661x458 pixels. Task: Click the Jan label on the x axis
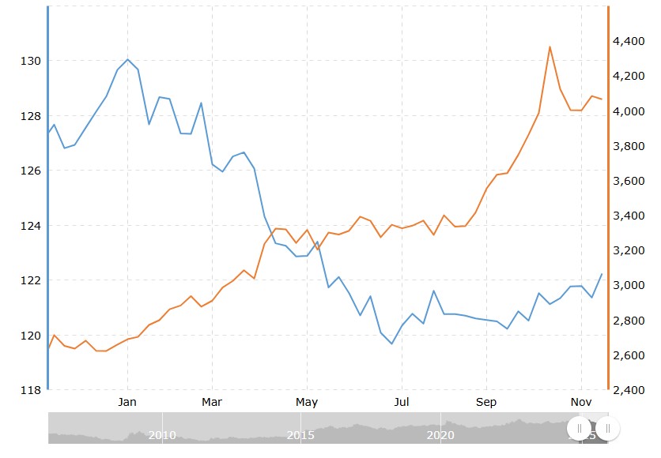click(127, 402)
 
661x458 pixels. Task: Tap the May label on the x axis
click(307, 402)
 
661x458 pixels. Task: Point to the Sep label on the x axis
click(486, 402)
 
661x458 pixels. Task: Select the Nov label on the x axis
click(581, 402)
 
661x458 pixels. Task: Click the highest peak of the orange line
click(550, 47)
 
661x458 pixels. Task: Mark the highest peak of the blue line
click(128, 59)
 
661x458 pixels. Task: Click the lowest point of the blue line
click(391, 343)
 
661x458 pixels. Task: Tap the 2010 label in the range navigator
click(162, 434)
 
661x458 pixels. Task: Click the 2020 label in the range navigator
click(440, 434)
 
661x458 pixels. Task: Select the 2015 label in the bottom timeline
click(300, 434)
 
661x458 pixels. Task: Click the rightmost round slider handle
click(607, 428)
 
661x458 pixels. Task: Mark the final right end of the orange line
click(602, 99)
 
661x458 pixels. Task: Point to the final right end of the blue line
click(602, 274)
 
